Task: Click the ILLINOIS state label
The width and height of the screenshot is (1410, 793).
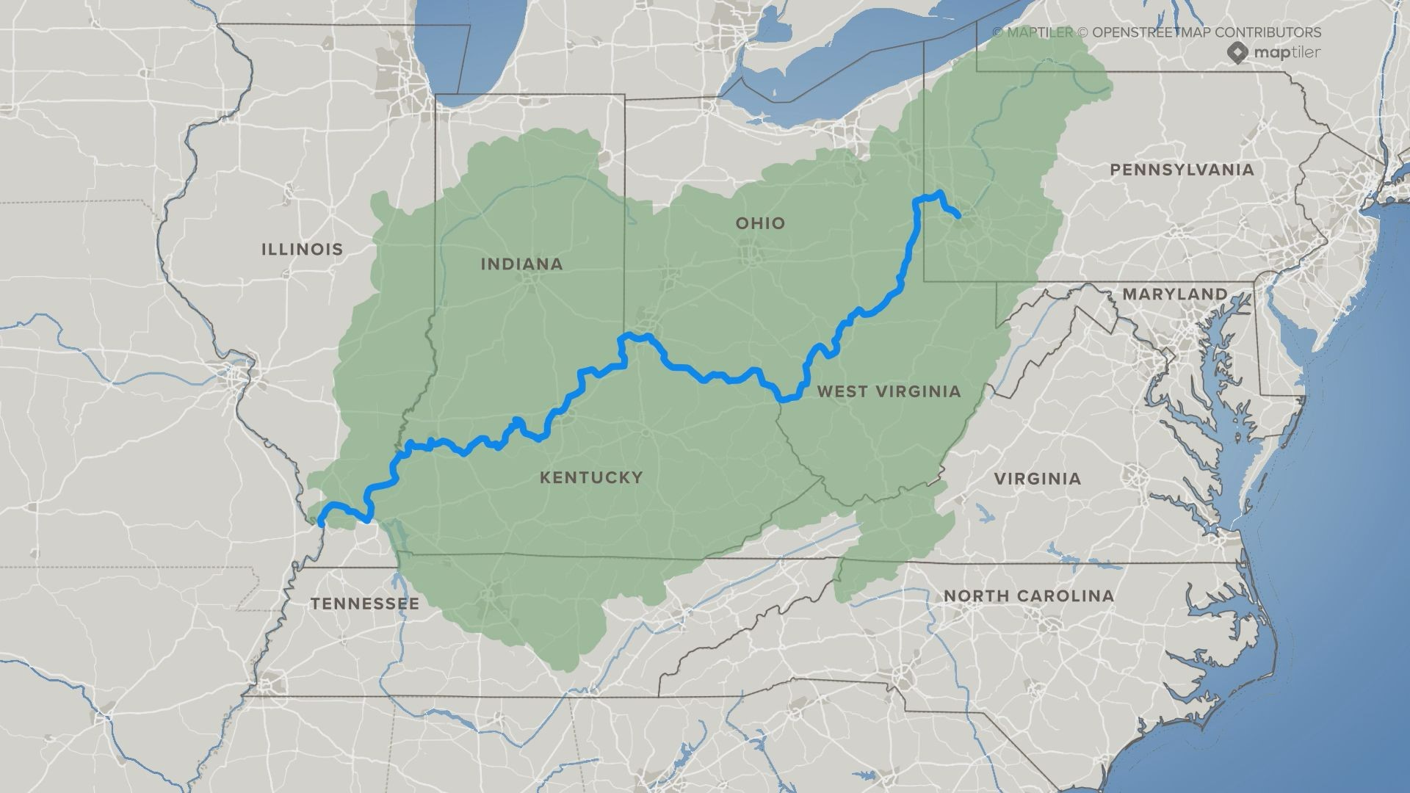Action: [x=302, y=249]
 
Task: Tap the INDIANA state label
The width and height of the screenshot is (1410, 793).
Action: [x=521, y=264]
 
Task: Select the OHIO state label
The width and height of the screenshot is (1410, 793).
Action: [x=760, y=223]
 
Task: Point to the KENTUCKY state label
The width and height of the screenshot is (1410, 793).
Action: [x=591, y=478]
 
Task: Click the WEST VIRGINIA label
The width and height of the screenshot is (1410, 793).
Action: [x=889, y=391]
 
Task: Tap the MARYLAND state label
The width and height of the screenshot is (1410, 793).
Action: [x=1174, y=294]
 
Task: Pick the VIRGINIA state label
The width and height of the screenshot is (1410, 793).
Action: [x=1037, y=479]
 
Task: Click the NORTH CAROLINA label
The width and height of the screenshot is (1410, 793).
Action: [x=1028, y=595]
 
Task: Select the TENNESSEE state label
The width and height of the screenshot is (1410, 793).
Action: [x=364, y=604]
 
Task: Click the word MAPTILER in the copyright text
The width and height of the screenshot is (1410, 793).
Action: [x=1039, y=32]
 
